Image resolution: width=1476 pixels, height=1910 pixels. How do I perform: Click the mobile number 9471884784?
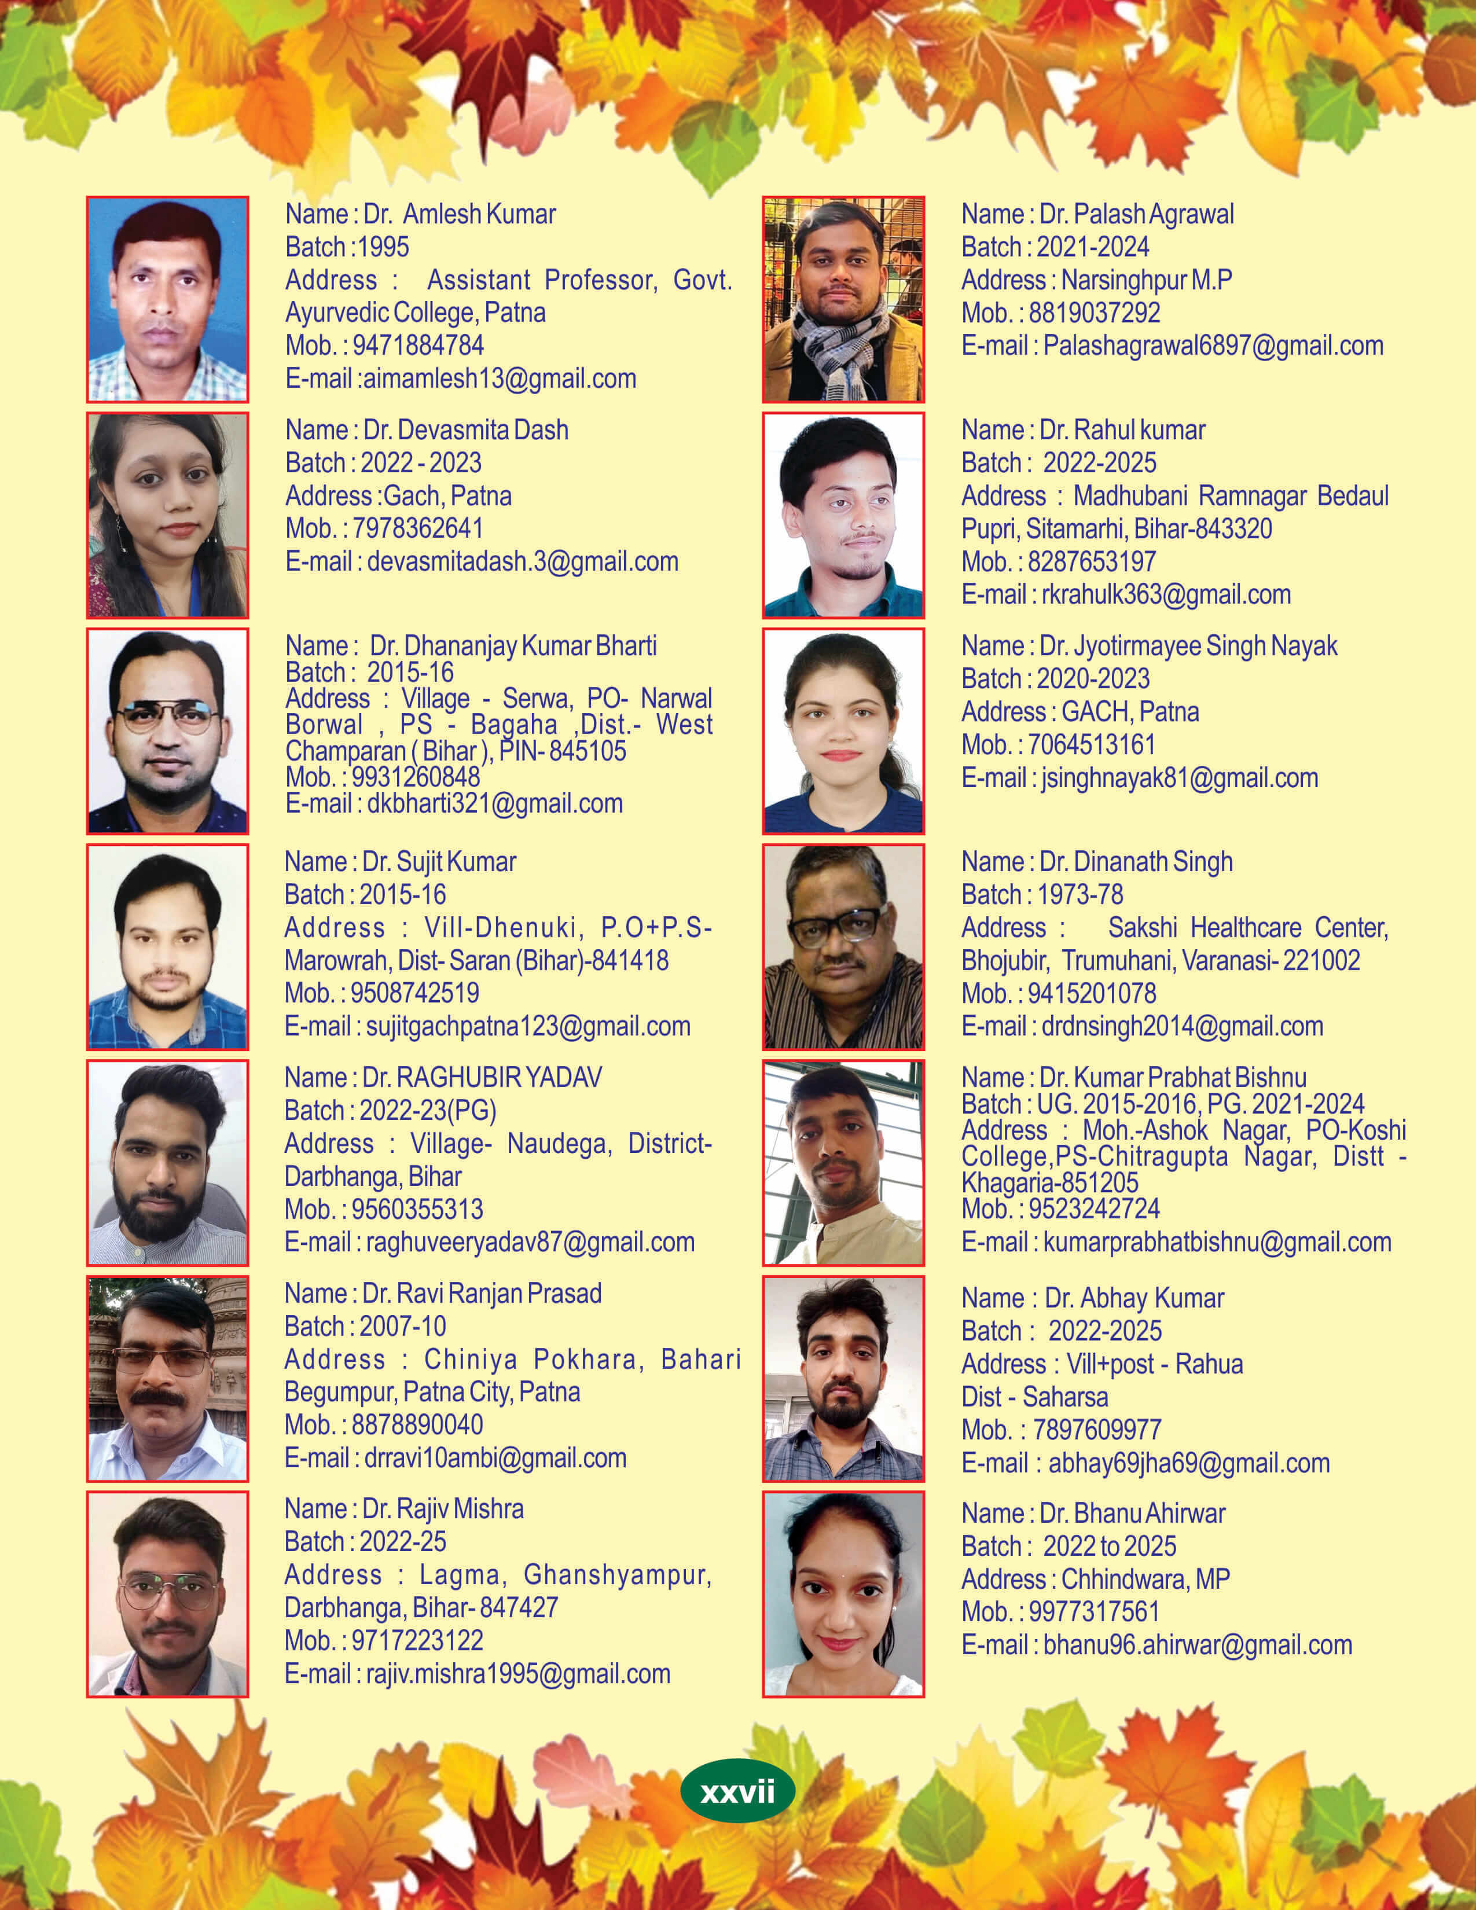click(x=418, y=346)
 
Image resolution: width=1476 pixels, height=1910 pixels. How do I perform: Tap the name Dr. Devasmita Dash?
click(x=465, y=430)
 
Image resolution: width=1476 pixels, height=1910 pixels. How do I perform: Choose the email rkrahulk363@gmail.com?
click(x=1166, y=594)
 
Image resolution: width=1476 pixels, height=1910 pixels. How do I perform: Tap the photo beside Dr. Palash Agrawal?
click(x=843, y=299)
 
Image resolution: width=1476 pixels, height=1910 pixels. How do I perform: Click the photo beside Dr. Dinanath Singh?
click(x=843, y=946)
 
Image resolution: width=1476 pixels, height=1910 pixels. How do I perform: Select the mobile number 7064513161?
click(x=1091, y=745)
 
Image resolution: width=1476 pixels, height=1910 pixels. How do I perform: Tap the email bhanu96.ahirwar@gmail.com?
click(x=1197, y=1645)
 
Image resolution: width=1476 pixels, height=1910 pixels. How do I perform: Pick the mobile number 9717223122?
click(x=417, y=1641)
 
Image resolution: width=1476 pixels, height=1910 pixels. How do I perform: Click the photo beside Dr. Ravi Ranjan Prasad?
click(x=167, y=1378)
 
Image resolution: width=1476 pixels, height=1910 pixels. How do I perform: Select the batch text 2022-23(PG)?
click(x=428, y=1111)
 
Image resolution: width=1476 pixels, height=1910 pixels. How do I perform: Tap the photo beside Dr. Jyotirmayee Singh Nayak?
click(x=843, y=730)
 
